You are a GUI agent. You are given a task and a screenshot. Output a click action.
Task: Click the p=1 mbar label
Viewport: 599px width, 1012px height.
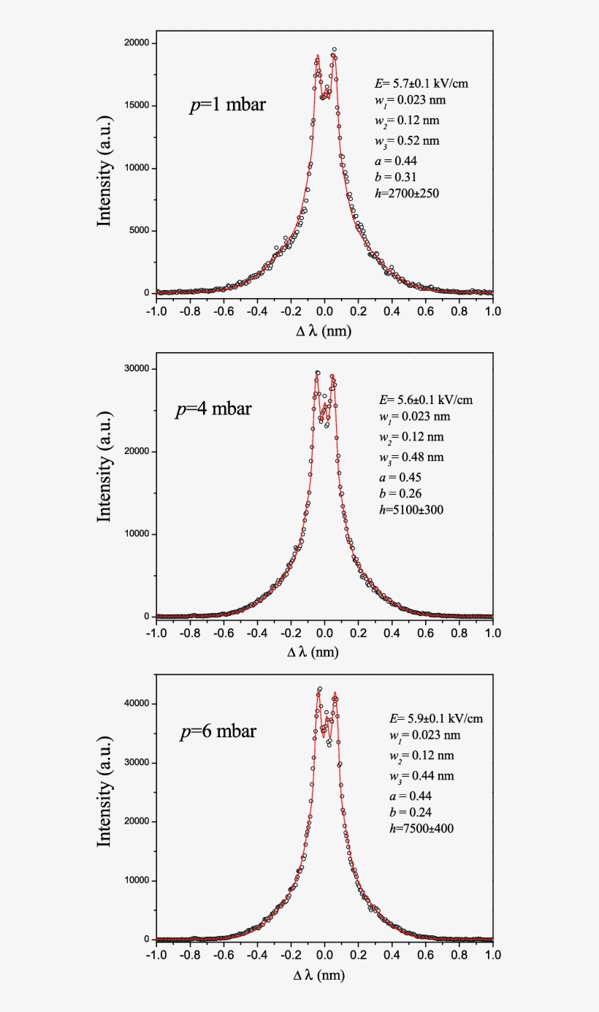(x=228, y=105)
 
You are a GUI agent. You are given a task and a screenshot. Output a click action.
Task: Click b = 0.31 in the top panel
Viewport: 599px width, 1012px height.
(x=394, y=177)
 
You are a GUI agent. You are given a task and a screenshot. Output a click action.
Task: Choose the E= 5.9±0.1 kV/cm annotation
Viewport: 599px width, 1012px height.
(x=437, y=718)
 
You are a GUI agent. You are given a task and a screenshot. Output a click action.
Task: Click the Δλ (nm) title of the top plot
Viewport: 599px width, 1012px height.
(x=323, y=331)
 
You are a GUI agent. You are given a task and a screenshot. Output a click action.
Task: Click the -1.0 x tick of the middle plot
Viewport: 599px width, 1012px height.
(x=156, y=631)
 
